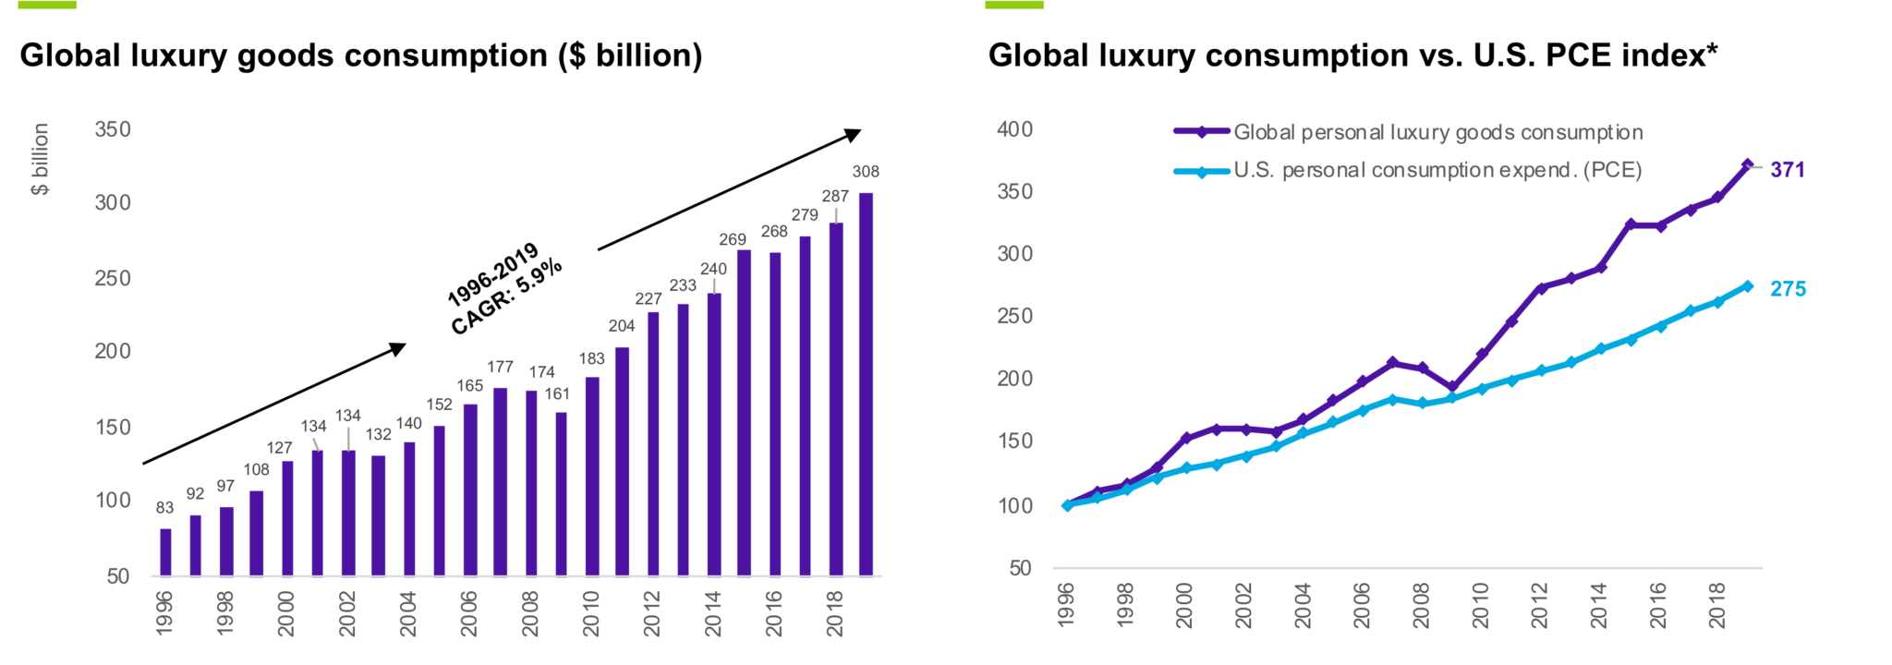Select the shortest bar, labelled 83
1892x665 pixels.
pos(165,551)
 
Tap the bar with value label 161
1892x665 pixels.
pos(561,493)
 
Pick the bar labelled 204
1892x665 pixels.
pos(622,461)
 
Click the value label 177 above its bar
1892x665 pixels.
pos(500,368)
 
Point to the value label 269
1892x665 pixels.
pos(733,240)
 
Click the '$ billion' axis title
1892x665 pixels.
pos(40,159)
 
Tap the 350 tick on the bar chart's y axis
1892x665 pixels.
pos(113,129)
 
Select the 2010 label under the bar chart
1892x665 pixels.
pos(591,613)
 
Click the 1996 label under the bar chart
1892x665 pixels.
pos(164,613)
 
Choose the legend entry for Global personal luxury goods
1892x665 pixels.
pos(1437,132)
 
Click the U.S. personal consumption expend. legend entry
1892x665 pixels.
pos(1437,170)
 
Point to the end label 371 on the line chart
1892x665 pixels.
pos(1787,170)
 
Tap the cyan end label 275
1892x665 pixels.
pos(1788,289)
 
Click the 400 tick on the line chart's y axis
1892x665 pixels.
pos(1014,129)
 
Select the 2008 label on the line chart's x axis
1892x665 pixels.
pos(1422,606)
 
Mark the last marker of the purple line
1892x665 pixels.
pos(1747,164)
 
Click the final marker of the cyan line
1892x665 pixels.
pos(1747,286)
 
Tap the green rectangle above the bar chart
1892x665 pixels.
pos(47,5)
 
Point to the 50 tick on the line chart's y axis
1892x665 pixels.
pos(1020,568)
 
